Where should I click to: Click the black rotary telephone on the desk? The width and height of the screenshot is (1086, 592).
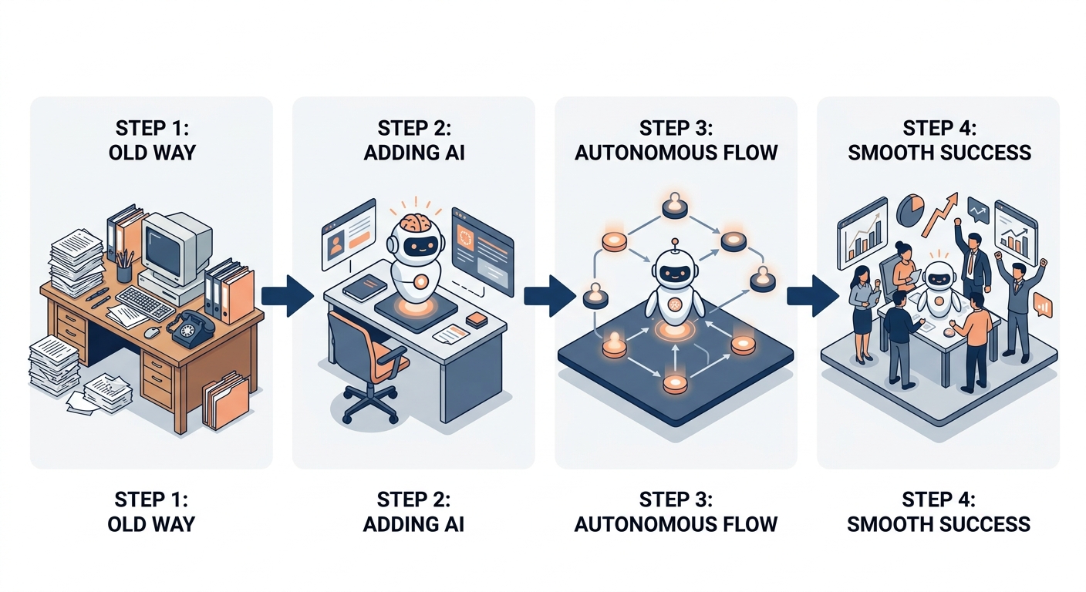tap(191, 329)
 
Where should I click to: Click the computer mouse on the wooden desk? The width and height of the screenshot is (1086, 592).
tap(152, 332)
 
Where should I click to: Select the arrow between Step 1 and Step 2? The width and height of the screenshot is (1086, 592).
tap(288, 296)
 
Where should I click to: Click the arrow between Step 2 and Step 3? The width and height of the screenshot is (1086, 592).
tap(550, 296)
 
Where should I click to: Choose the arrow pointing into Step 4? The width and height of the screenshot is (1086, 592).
tap(812, 296)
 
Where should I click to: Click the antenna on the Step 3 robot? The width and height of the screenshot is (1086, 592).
tap(674, 245)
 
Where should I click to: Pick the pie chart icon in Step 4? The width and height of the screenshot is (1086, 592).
tap(910, 210)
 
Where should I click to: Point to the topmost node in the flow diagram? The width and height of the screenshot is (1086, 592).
tap(674, 205)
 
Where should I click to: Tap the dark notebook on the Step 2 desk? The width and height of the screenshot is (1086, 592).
tap(365, 287)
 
